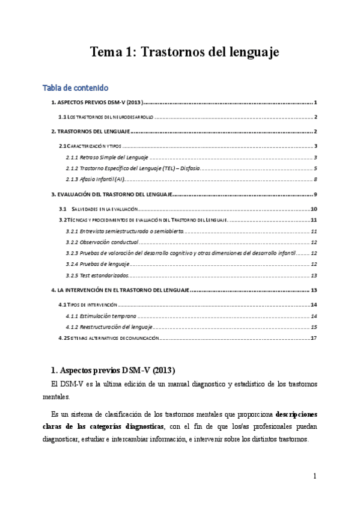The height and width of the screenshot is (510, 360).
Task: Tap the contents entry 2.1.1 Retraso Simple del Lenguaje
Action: click(x=107, y=157)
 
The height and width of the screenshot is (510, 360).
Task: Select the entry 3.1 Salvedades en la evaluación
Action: click(x=103, y=209)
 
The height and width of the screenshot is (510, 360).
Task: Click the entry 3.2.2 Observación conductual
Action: click(x=102, y=242)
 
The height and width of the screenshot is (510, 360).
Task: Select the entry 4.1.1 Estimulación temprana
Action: click(x=102, y=316)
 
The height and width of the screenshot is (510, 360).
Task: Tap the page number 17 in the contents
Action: click(x=313, y=338)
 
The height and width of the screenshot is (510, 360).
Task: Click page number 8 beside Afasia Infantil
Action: click(x=315, y=179)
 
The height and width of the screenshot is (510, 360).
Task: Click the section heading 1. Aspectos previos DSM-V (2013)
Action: click(x=112, y=368)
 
